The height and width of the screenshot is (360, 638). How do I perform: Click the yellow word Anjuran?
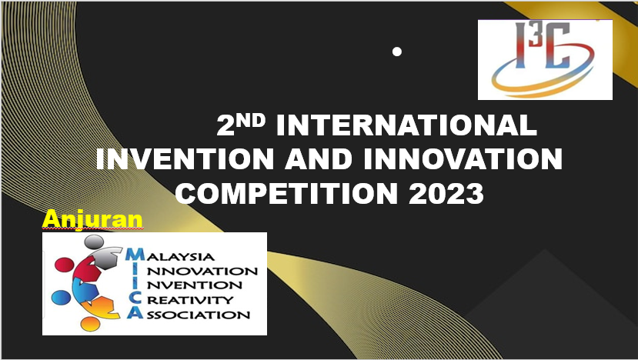point(92,220)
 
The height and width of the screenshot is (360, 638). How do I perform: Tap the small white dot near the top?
point(397,52)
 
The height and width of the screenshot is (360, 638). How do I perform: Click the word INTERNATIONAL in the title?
point(406,125)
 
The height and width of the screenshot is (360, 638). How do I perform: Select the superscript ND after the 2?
point(251,121)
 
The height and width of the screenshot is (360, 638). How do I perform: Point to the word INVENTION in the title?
point(185,158)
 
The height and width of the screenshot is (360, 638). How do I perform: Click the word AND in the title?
point(318,158)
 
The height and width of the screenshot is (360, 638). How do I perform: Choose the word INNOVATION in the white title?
point(463,158)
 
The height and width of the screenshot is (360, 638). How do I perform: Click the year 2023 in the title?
point(446,193)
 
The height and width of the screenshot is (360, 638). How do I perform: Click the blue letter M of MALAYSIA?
point(135,254)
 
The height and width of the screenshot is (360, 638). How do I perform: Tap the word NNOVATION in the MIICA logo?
point(202,271)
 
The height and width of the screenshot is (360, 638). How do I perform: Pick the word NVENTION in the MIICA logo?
point(195,285)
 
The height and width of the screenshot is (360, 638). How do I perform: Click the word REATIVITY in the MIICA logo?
point(190,300)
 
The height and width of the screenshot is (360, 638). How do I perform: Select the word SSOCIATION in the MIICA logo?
point(198,315)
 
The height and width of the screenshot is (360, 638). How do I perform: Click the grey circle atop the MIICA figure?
point(94,242)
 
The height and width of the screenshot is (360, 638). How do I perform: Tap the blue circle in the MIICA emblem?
point(61,298)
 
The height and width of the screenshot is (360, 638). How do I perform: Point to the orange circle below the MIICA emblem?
point(90,324)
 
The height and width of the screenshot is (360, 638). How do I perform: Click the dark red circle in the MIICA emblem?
point(65,265)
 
